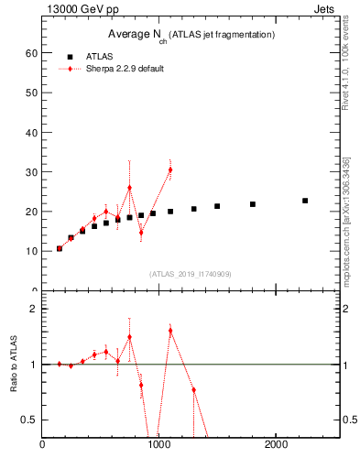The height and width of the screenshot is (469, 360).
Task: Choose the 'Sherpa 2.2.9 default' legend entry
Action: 125,69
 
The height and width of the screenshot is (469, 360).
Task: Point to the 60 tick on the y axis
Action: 31,53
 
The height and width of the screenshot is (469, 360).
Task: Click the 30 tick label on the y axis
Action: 31,172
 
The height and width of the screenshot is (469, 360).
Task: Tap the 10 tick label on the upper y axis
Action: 31,251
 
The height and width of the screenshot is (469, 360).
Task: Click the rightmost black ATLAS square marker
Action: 305,201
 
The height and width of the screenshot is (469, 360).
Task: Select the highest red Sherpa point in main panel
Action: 170,169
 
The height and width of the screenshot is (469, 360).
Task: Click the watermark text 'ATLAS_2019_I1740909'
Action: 190,274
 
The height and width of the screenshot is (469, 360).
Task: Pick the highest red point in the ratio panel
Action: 170,330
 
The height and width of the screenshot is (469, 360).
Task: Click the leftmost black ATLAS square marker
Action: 60,248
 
